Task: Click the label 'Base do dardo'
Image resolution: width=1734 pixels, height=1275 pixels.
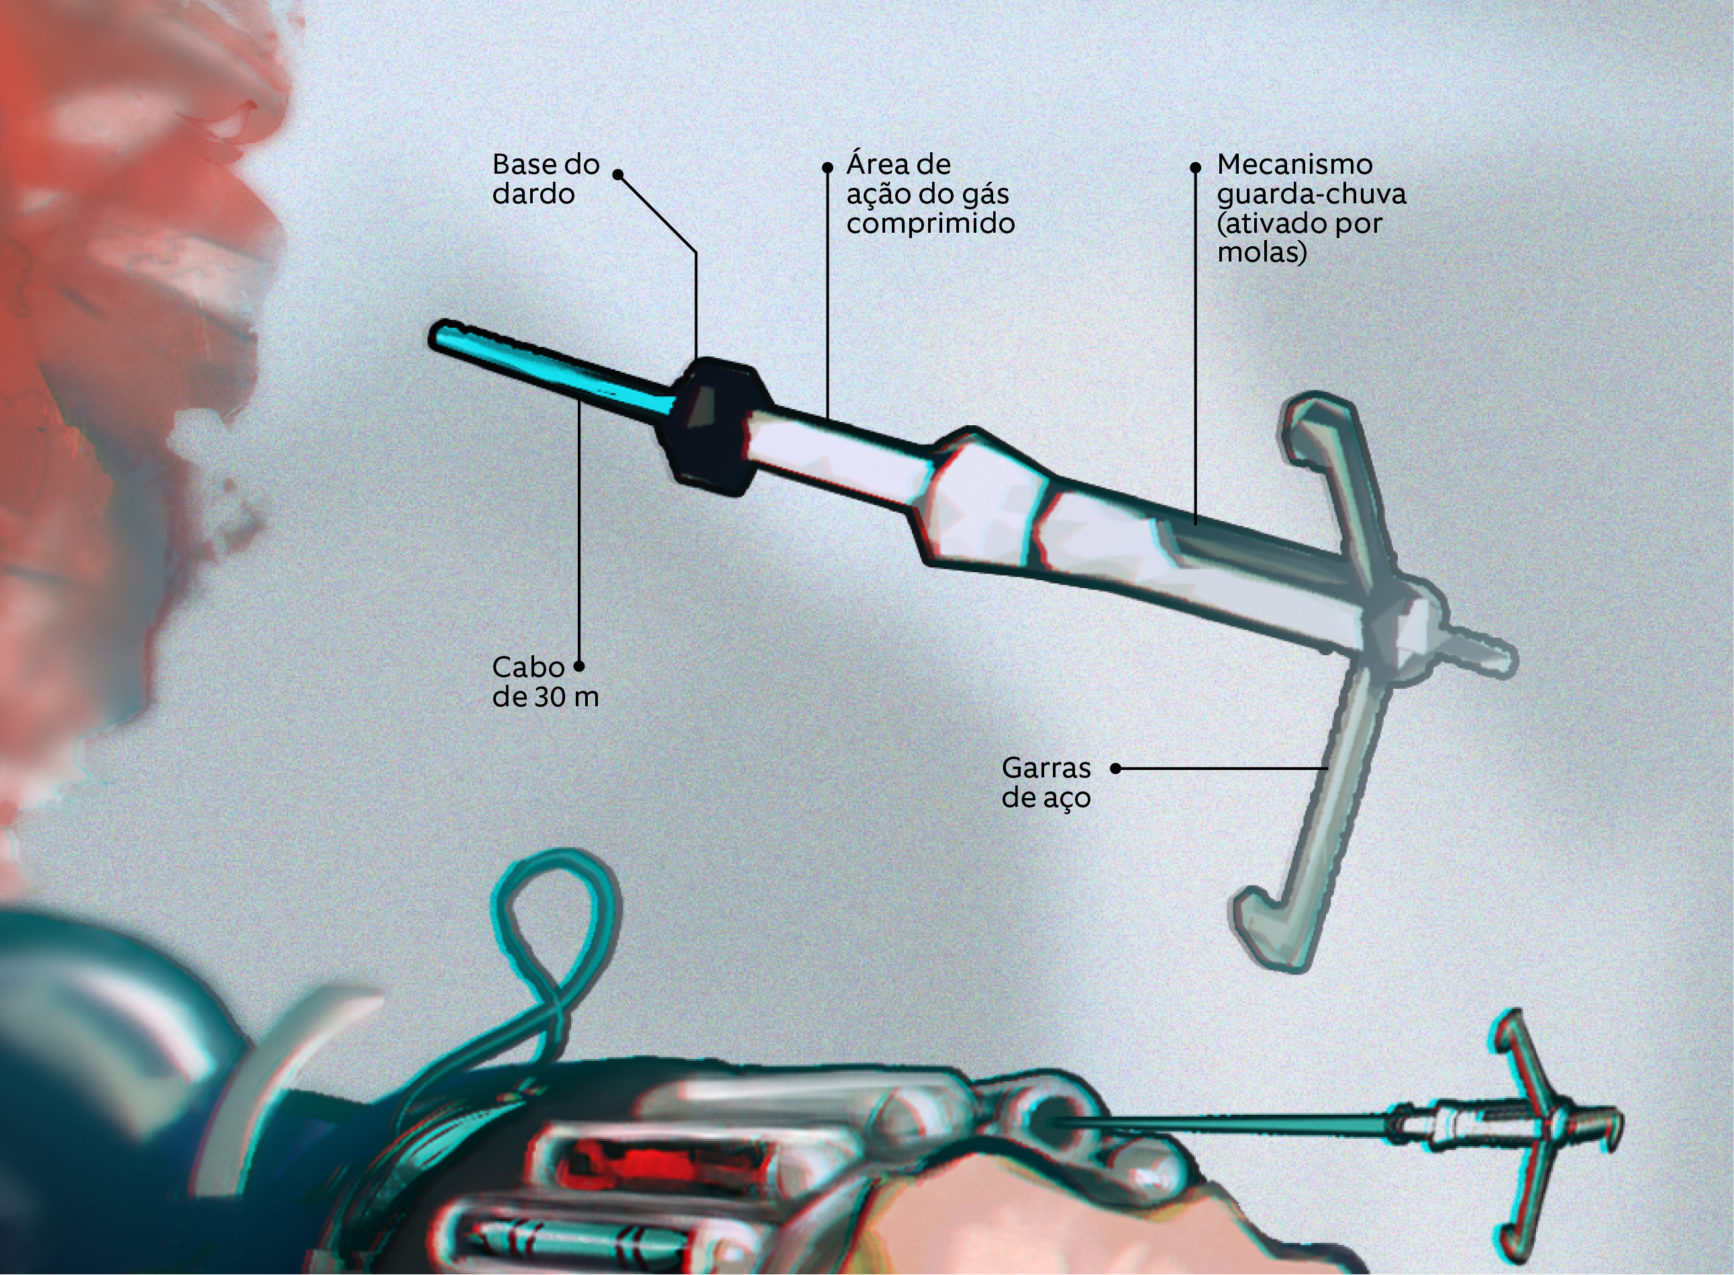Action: click(546, 178)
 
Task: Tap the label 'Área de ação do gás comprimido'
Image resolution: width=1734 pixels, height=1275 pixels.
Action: click(930, 194)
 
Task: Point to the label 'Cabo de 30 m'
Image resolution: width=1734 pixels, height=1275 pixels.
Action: click(545, 681)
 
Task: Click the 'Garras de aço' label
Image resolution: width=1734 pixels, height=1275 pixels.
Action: click(1046, 783)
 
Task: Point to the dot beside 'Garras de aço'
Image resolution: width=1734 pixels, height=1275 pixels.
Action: click(1115, 768)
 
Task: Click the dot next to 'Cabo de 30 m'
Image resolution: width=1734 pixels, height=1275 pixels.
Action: click(579, 666)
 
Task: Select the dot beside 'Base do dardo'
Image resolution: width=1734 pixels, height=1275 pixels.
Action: click(617, 174)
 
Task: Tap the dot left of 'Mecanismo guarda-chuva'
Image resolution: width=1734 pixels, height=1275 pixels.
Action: click(1195, 167)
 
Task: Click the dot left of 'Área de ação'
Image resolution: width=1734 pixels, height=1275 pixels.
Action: click(827, 167)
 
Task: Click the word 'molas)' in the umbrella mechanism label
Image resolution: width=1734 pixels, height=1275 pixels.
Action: click(1262, 252)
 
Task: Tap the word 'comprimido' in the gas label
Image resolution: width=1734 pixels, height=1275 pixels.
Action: click(930, 224)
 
